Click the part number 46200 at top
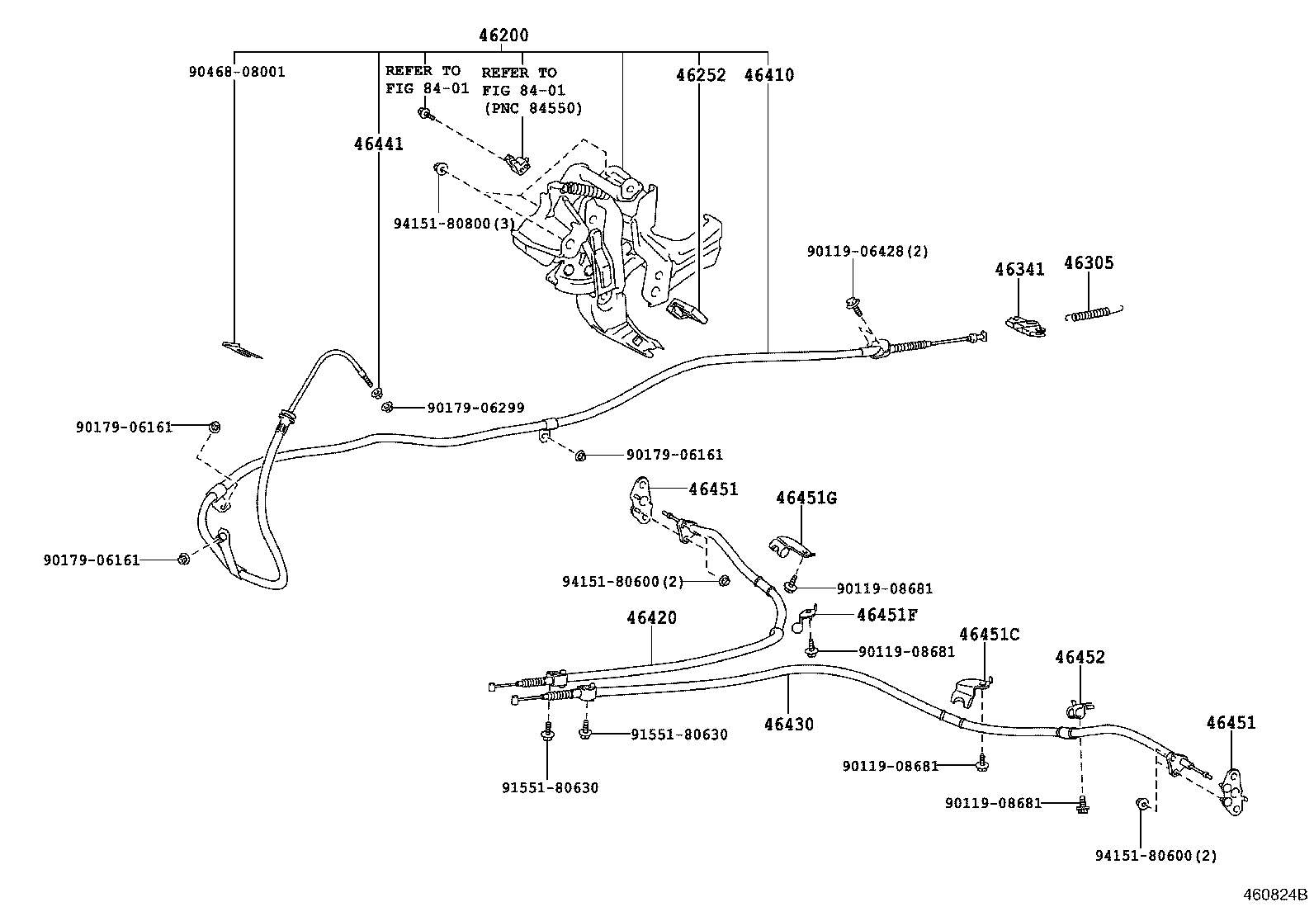tap(503, 35)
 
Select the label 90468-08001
tap(236, 72)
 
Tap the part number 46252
tap(701, 75)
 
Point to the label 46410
tap(768, 75)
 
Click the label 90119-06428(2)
tap(867, 251)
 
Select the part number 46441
tap(379, 144)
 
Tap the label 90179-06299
tap(475, 408)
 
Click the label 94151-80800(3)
tap(454, 224)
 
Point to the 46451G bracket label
tap(806, 498)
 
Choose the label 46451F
tap(887, 615)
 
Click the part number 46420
tap(651, 617)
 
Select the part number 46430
tap(788, 725)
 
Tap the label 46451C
tap(990, 634)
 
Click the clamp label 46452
tap(1080, 658)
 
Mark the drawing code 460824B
tap(1277, 895)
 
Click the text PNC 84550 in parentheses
tap(532, 108)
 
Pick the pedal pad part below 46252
tap(686, 312)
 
